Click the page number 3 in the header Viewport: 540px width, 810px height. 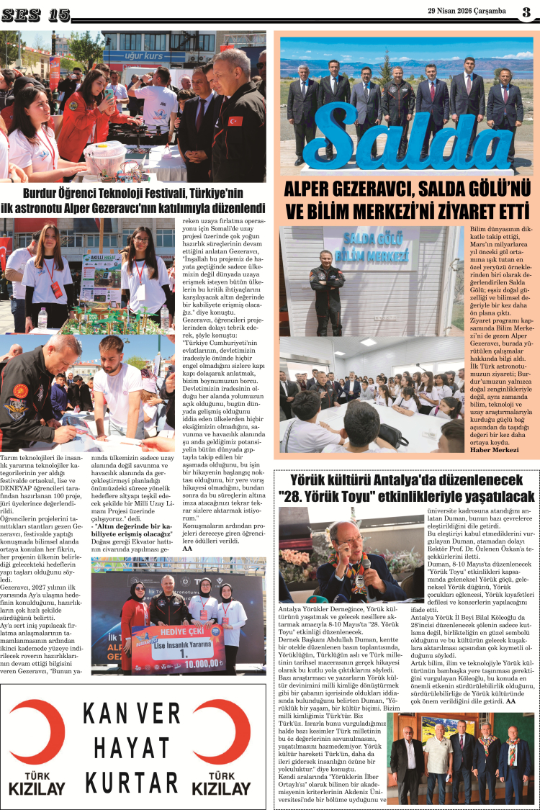526,12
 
